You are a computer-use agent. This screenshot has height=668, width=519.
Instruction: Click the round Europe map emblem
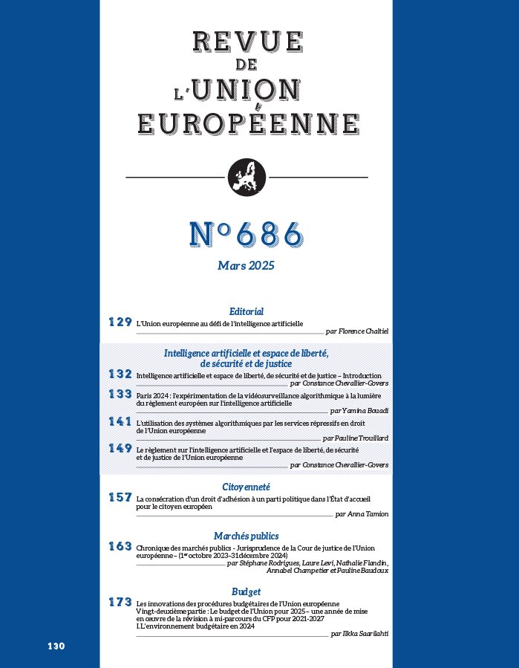coord(246,178)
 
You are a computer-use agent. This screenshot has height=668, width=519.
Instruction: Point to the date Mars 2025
coord(247,265)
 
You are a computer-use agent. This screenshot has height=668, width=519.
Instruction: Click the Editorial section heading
coord(247,312)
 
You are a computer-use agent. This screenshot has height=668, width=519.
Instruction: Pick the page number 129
coord(120,322)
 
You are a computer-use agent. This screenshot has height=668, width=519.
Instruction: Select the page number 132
coord(120,374)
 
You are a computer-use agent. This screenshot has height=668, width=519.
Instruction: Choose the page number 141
coord(120,421)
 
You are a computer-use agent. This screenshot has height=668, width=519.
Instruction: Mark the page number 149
coord(120,449)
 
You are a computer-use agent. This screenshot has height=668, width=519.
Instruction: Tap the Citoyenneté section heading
coord(246,487)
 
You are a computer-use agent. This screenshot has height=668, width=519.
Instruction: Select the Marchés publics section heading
coord(246,536)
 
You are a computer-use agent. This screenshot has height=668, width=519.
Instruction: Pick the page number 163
coord(120,546)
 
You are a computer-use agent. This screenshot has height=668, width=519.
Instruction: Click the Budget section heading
coord(246,591)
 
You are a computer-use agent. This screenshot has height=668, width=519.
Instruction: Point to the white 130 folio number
coord(56,646)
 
